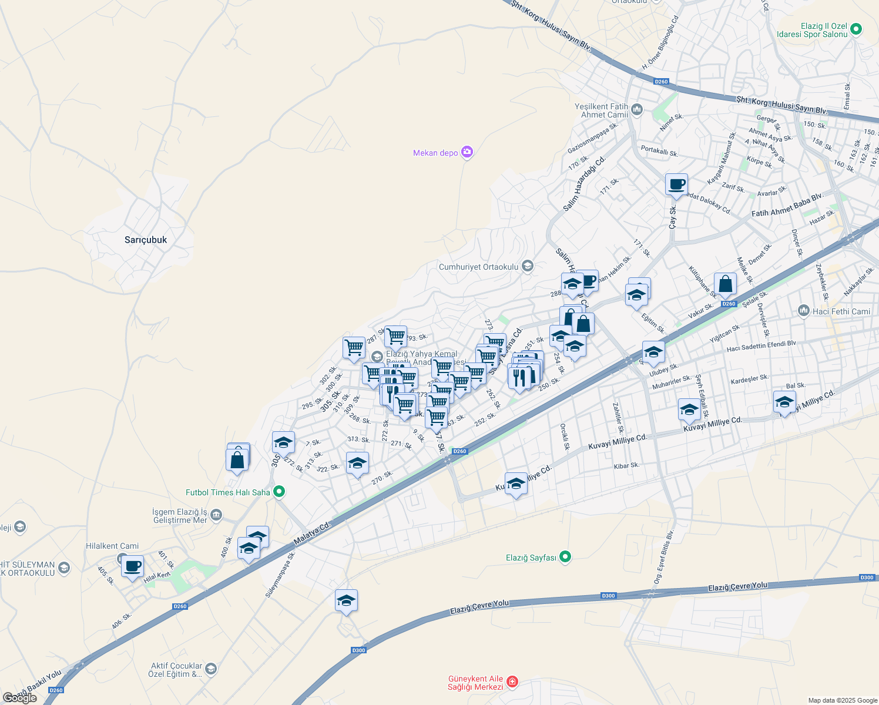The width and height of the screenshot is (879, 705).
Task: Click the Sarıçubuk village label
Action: coord(146,240)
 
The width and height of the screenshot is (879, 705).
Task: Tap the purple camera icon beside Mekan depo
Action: coord(467,152)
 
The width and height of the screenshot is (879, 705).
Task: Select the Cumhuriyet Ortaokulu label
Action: coord(479,267)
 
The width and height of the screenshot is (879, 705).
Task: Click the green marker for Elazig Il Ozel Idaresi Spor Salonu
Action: coord(856,28)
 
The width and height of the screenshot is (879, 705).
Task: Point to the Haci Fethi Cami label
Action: coord(841,311)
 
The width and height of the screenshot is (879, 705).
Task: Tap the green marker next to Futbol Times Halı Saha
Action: coord(279,492)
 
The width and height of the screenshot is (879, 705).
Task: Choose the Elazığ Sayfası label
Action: coord(531,558)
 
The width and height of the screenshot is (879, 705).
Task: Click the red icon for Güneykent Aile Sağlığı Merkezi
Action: coord(512,681)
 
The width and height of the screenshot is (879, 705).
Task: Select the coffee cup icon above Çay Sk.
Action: coord(676,184)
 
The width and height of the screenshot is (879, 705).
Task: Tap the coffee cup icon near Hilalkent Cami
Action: coord(133,566)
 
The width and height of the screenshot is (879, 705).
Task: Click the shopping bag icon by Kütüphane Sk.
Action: coord(725,284)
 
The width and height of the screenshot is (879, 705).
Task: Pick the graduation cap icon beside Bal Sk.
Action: coord(784,402)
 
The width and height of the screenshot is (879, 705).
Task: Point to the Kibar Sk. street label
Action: coord(626,466)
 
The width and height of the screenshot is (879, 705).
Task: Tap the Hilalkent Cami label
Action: coord(112,546)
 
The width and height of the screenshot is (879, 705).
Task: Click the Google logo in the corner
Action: coord(20,697)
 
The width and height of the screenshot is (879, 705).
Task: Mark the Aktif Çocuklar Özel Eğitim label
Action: coord(176,670)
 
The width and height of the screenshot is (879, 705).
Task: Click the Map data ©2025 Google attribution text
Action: coord(842,700)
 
